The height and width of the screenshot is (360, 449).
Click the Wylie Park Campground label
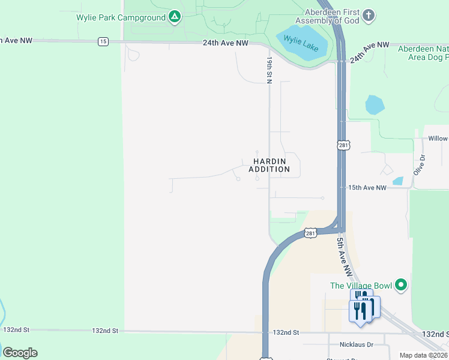[x=121, y=17]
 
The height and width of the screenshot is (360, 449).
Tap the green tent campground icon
[x=174, y=17]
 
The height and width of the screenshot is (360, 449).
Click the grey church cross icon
[x=369, y=14]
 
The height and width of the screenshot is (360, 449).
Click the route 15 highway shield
[x=104, y=41]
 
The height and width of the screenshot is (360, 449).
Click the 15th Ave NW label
[x=367, y=188]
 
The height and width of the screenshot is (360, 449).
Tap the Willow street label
[x=438, y=139]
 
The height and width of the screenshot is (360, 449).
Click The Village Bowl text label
[x=361, y=286]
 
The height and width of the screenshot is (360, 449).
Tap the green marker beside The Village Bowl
[x=402, y=284]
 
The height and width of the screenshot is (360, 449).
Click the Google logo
[x=20, y=352]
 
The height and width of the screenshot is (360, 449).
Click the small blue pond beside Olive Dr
[x=398, y=181]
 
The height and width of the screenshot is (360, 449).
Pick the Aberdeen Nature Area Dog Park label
[x=423, y=53]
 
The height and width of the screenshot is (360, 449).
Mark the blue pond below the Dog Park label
[x=375, y=105]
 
